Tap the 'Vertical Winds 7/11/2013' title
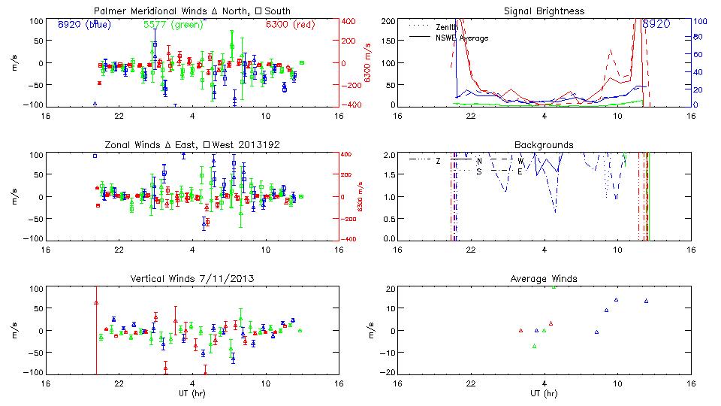click(192, 279)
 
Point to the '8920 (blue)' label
click(80, 24)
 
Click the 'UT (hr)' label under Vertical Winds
click(192, 393)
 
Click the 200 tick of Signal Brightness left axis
click(388, 20)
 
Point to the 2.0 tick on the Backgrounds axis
click(389, 155)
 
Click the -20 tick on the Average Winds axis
click(388, 372)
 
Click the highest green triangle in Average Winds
click(554, 286)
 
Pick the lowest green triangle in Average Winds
click(535, 347)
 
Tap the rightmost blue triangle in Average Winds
click(646, 301)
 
